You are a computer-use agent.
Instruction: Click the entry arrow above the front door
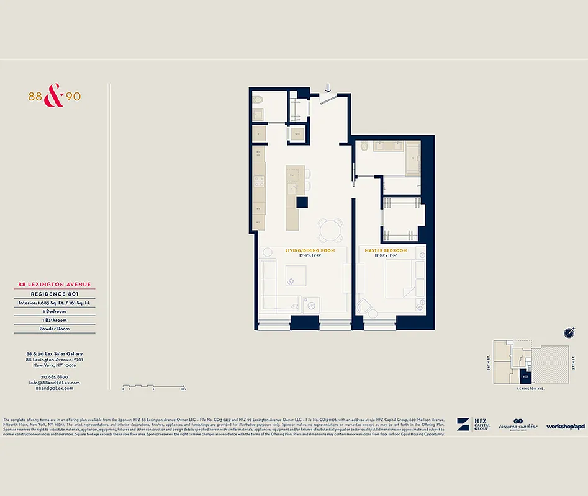pyautogui.click(x=328, y=89)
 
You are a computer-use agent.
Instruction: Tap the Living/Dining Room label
pyautogui.click(x=310, y=250)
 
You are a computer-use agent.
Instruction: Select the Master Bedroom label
pyautogui.click(x=386, y=250)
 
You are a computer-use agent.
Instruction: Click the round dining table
pyautogui.click(x=330, y=231)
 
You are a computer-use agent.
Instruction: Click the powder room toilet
pyautogui.click(x=259, y=100)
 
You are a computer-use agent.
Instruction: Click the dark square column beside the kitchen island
pyautogui.click(x=302, y=201)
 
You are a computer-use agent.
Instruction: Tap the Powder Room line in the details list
pyautogui.click(x=55, y=329)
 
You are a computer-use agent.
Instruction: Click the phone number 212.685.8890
pyautogui.click(x=55, y=377)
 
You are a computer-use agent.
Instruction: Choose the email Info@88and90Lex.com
pyautogui.click(x=55, y=383)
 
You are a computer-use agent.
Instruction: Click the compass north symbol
pyautogui.click(x=569, y=332)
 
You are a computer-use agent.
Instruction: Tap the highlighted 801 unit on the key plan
pyautogui.click(x=525, y=376)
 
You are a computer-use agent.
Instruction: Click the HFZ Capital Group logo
pyautogui.click(x=474, y=425)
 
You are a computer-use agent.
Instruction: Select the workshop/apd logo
pyautogui.click(x=566, y=426)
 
